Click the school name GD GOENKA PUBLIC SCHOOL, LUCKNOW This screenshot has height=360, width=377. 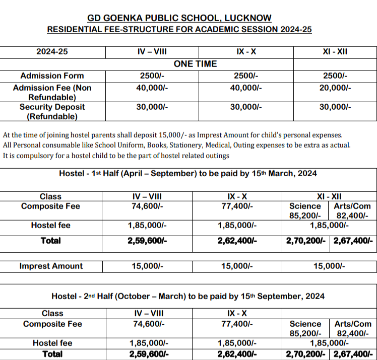coord(179,18)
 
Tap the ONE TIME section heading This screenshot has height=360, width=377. coord(195,64)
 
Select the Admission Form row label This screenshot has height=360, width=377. coord(52,76)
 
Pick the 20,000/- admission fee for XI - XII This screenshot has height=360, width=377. coord(335,88)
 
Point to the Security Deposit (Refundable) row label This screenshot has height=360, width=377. coord(52,112)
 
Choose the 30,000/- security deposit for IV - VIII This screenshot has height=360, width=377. coord(152,107)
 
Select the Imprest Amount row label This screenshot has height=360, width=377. coord(51,266)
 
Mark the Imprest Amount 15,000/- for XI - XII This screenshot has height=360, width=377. coord(329,266)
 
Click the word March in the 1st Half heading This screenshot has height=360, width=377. coord(277,173)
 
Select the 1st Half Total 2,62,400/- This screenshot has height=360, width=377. coord(237,241)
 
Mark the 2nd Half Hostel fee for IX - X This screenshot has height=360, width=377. coord(237,343)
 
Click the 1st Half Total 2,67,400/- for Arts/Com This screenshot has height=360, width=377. coord(353,241)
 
